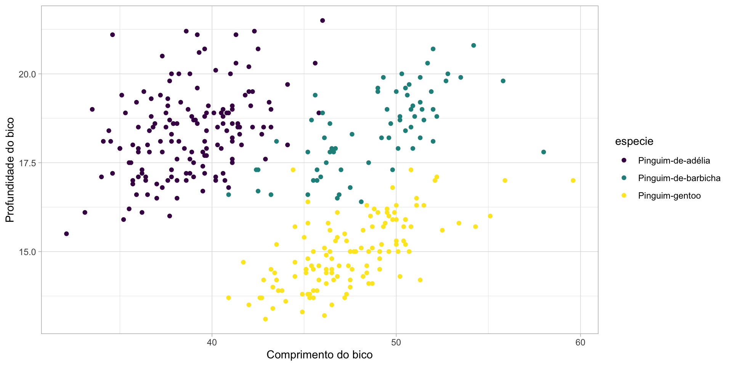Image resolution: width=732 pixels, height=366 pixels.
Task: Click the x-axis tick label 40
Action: pyautogui.click(x=212, y=342)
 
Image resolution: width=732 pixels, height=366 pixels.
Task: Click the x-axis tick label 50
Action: pyautogui.click(x=396, y=342)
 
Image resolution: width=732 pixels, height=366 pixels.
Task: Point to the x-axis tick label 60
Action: pyautogui.click(x=580, y=342)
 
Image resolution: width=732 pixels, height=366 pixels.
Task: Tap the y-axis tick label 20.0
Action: pyautogui.click(x=27, y=74)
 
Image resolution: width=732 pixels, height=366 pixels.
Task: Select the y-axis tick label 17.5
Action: pyautogui.click(x=27, y=163)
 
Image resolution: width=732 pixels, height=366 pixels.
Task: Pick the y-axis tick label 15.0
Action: pyautogui.click(x=27, y=252)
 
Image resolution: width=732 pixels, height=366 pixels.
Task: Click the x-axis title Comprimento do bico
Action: pyautogui.click(x=319, y=355)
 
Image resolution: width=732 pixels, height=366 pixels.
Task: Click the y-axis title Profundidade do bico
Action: pyautogui.click(x=10, y=170)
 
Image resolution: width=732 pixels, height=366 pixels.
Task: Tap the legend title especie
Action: pyautogui.click(x=634, y=141)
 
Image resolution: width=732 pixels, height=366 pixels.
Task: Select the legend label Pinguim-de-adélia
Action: pyautogui.click(x=674, y=161)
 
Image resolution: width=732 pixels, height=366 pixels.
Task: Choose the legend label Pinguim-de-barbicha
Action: pyautogui.click(x=679, y=178)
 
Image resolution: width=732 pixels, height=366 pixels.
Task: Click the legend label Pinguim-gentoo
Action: pyautogui.click(x=669, y=196)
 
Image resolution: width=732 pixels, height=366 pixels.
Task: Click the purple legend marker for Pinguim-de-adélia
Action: pyautogui.click(x=624, y=161)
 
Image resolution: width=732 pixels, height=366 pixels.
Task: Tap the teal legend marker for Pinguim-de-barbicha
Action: pyautogui.click(x=624, y=178)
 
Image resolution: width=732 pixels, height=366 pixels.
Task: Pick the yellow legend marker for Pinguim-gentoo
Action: pyautogui.click(x=624, y=196)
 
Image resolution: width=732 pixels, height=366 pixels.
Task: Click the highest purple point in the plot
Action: pyautogui.click(x=323, y=21)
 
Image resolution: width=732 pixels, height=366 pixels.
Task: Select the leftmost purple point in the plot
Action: pyautogui.click(x=66, y=234)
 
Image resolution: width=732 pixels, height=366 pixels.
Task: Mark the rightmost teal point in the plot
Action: pyautogui.click(x=544, y=152)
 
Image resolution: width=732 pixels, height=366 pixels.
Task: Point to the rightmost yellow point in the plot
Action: pyautogui.click(x=573, y=180)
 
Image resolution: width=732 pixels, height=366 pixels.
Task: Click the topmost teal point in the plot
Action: pyautogui.click(x=474, y=45)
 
